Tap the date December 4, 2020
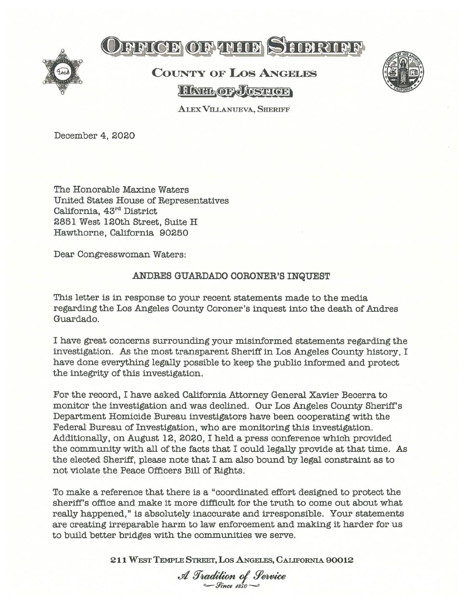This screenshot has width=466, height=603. click(x=94, y=136)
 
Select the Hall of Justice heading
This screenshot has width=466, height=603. click(x=235, y=91)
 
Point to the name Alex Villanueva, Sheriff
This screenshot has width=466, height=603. click(x=234, y=109)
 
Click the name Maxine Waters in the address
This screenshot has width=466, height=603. click(x=161, y=189)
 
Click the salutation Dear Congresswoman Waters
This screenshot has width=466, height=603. click(x=119, y=254)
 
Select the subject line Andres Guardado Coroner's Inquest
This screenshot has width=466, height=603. click(x=231, y=276)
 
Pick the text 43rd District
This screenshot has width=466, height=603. click(x=137, y=211)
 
